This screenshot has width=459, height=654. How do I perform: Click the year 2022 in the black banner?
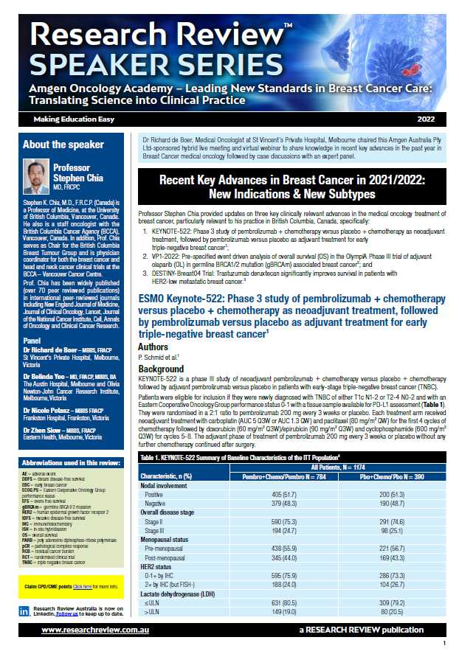426,119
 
